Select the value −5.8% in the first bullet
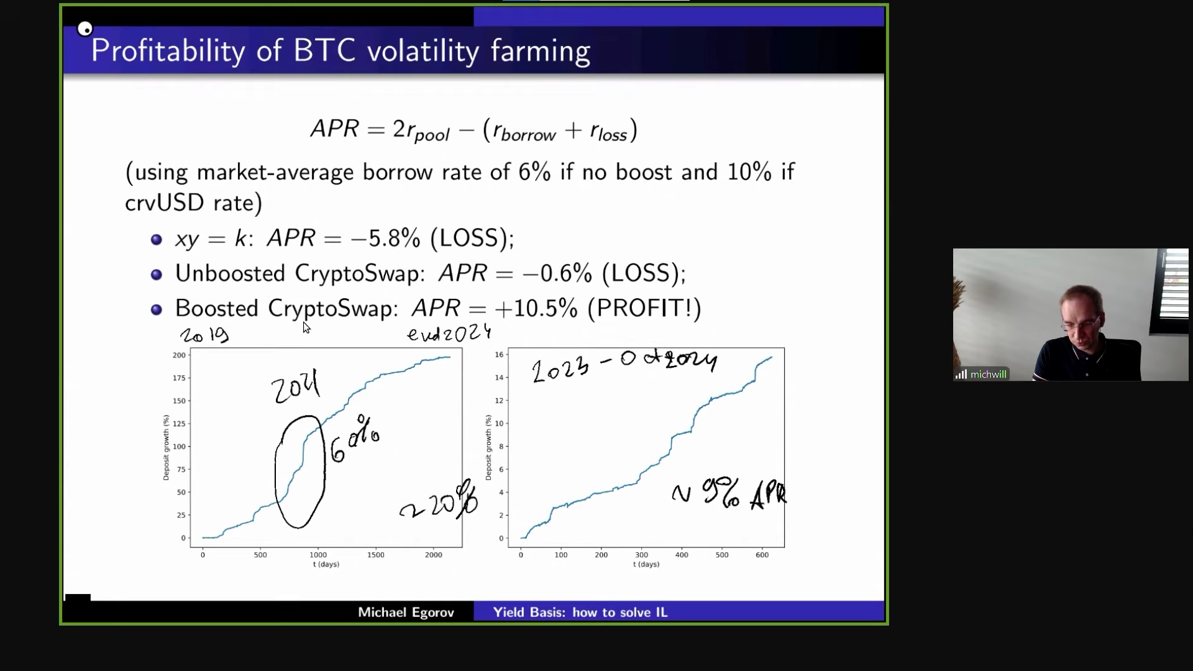coord(385,239)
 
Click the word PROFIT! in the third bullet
coord(644,309)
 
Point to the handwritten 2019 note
coord(204,335)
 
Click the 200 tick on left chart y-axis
coord(179,355)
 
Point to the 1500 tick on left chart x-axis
coord(375,555)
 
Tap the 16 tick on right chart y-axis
coord(499,355)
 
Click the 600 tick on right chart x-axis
coord(762,555)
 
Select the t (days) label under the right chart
coord(646,564)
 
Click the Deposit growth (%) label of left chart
coord(166,447)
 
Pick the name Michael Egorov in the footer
coord(406,613)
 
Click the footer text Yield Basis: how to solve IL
coord(580,613)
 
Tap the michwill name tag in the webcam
coord(988,375)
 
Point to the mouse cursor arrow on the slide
coord(306,327)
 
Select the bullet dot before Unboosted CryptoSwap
coord(157,274)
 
